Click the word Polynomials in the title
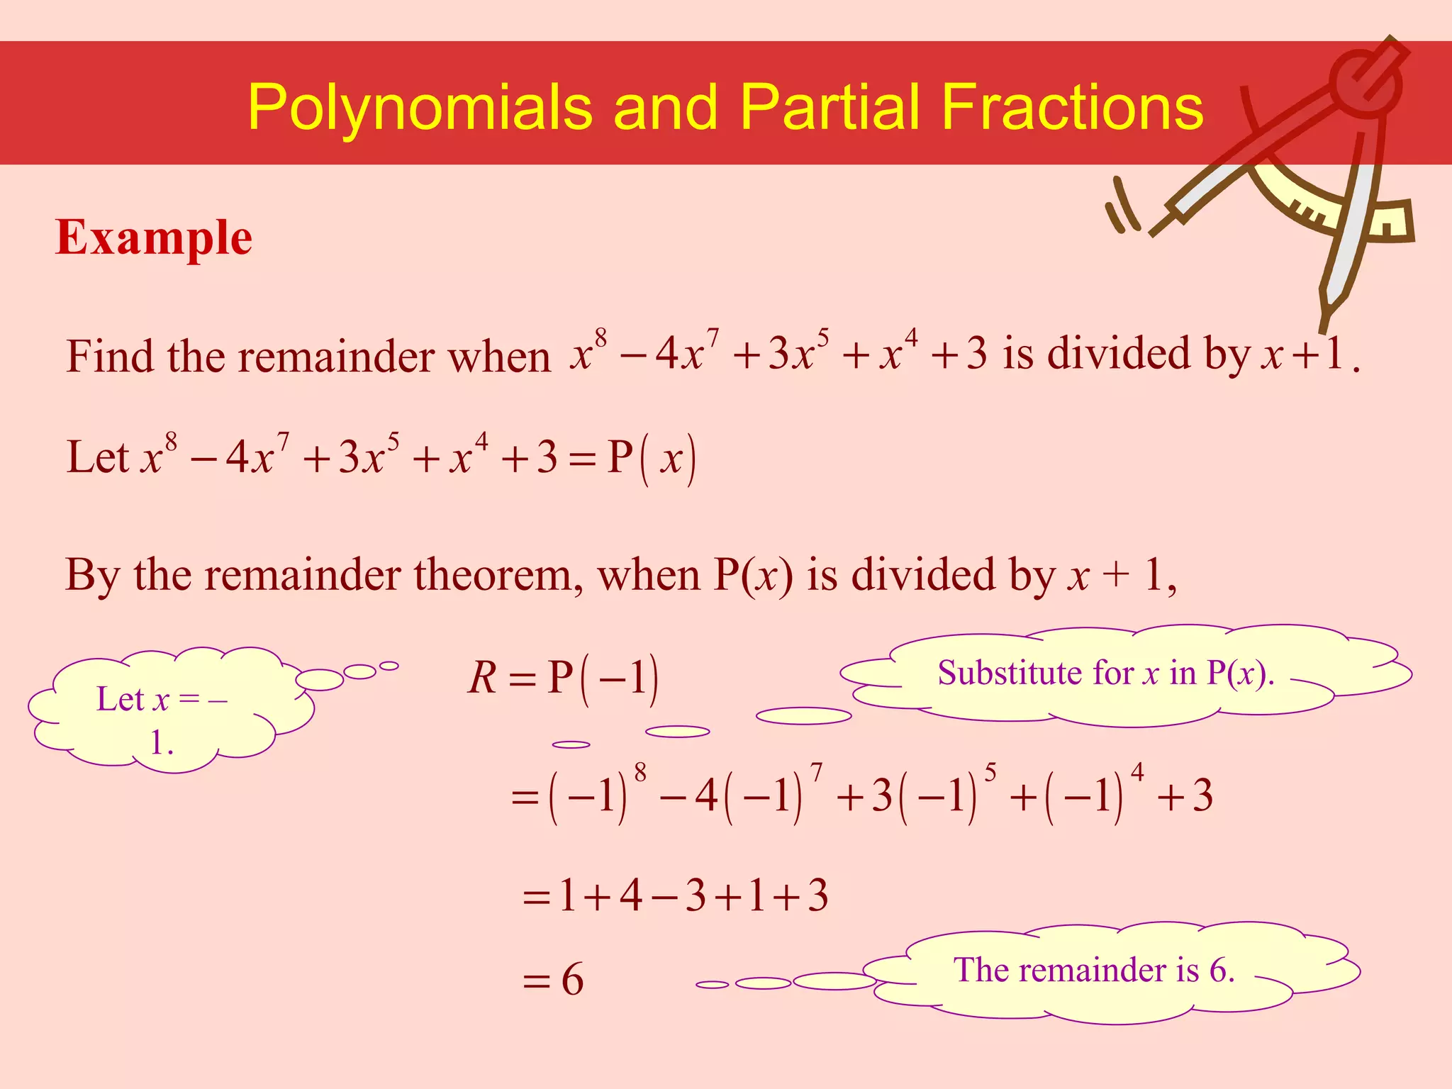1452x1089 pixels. [x=419, y=108]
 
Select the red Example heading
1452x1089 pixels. [x=154, y=238]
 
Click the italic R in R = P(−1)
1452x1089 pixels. [x=483, y=677]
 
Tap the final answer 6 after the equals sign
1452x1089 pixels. [x=572, y=980]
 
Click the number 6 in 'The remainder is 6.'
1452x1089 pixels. [x=1218, y=969]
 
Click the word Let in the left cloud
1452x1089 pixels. [x=119, y=699]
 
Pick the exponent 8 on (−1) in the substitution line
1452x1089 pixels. [x=640, y=772]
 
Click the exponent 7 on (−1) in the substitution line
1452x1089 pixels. [x=817, y=772]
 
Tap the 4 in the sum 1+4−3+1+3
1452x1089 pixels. [x=631, y=895]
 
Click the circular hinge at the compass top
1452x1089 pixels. [x=1365, y=82]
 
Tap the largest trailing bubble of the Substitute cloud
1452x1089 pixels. [x=803, y=716]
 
